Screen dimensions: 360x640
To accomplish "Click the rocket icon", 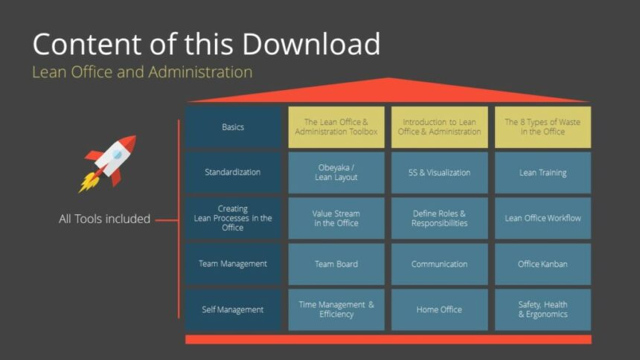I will (108, 162).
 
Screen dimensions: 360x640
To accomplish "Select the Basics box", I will (233, 127).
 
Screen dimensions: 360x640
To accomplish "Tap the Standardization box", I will (233, 173).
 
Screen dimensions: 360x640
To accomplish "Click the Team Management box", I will (233, 264).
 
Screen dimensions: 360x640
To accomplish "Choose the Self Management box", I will (233, 309).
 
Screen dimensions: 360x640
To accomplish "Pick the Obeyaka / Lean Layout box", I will (336, 173).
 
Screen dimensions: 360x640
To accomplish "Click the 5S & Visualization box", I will (439, 173).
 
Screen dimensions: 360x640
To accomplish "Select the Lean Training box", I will (543, 173).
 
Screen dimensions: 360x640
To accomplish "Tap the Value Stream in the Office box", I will (336, 218).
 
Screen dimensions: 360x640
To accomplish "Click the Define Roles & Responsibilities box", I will (439, 218).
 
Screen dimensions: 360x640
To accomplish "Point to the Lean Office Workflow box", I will (543, 218).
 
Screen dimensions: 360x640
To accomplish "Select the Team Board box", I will (336, 264).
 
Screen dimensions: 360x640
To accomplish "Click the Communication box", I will (439, 264).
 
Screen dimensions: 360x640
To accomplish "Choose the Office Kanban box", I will (543, 264).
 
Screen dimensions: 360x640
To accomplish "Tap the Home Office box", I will (439, 309).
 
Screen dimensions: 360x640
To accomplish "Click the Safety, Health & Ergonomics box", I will (543, 309).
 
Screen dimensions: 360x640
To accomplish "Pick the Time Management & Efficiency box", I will (336, 309).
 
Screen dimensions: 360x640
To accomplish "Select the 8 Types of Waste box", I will (543, 127).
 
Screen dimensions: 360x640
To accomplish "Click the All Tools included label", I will (104, 219).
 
